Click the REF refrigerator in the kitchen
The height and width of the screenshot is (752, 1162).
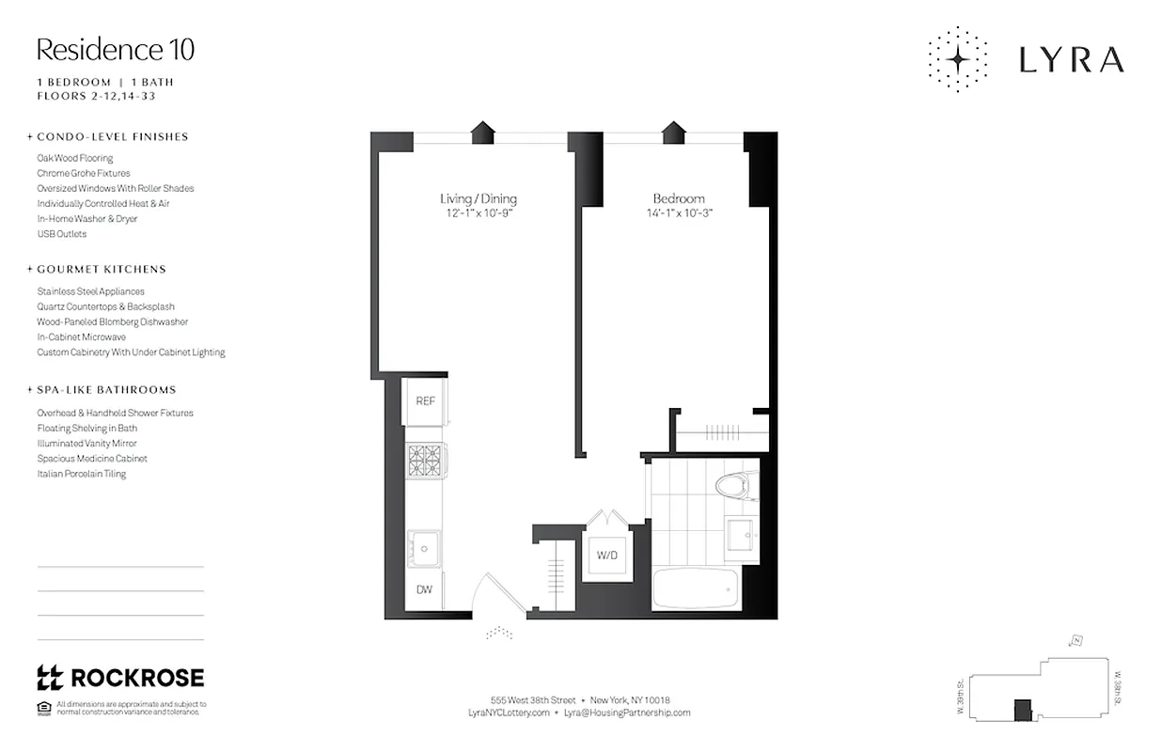(x=425, y=401)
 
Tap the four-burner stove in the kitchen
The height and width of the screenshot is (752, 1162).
(x=424, y=462)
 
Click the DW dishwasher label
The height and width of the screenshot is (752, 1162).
(x=424, y=590)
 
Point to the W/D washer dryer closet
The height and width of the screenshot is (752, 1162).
(x=606, y=556)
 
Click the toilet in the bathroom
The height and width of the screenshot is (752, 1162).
(x=734, y=488)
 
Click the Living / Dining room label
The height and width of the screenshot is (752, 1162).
(x=479, y=198)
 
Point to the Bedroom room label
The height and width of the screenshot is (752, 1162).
(x=679, y=198)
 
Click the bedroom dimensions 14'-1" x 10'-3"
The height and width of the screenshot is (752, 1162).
(x=679, y=213)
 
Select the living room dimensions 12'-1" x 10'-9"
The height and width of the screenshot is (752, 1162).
(x=479, y=213)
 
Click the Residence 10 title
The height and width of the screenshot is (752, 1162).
(x=116, y=49)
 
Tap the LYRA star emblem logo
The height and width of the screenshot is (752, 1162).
(x=958, y=59)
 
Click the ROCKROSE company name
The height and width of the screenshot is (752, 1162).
(x=137, y=678)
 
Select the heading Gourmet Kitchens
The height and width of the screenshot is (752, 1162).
(x=102, y=269)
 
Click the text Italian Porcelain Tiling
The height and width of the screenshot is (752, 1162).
(x=82, y=474)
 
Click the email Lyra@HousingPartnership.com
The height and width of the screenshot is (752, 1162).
(x=627, y=713)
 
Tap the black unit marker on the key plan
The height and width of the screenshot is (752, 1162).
(x=1021, y=710)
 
